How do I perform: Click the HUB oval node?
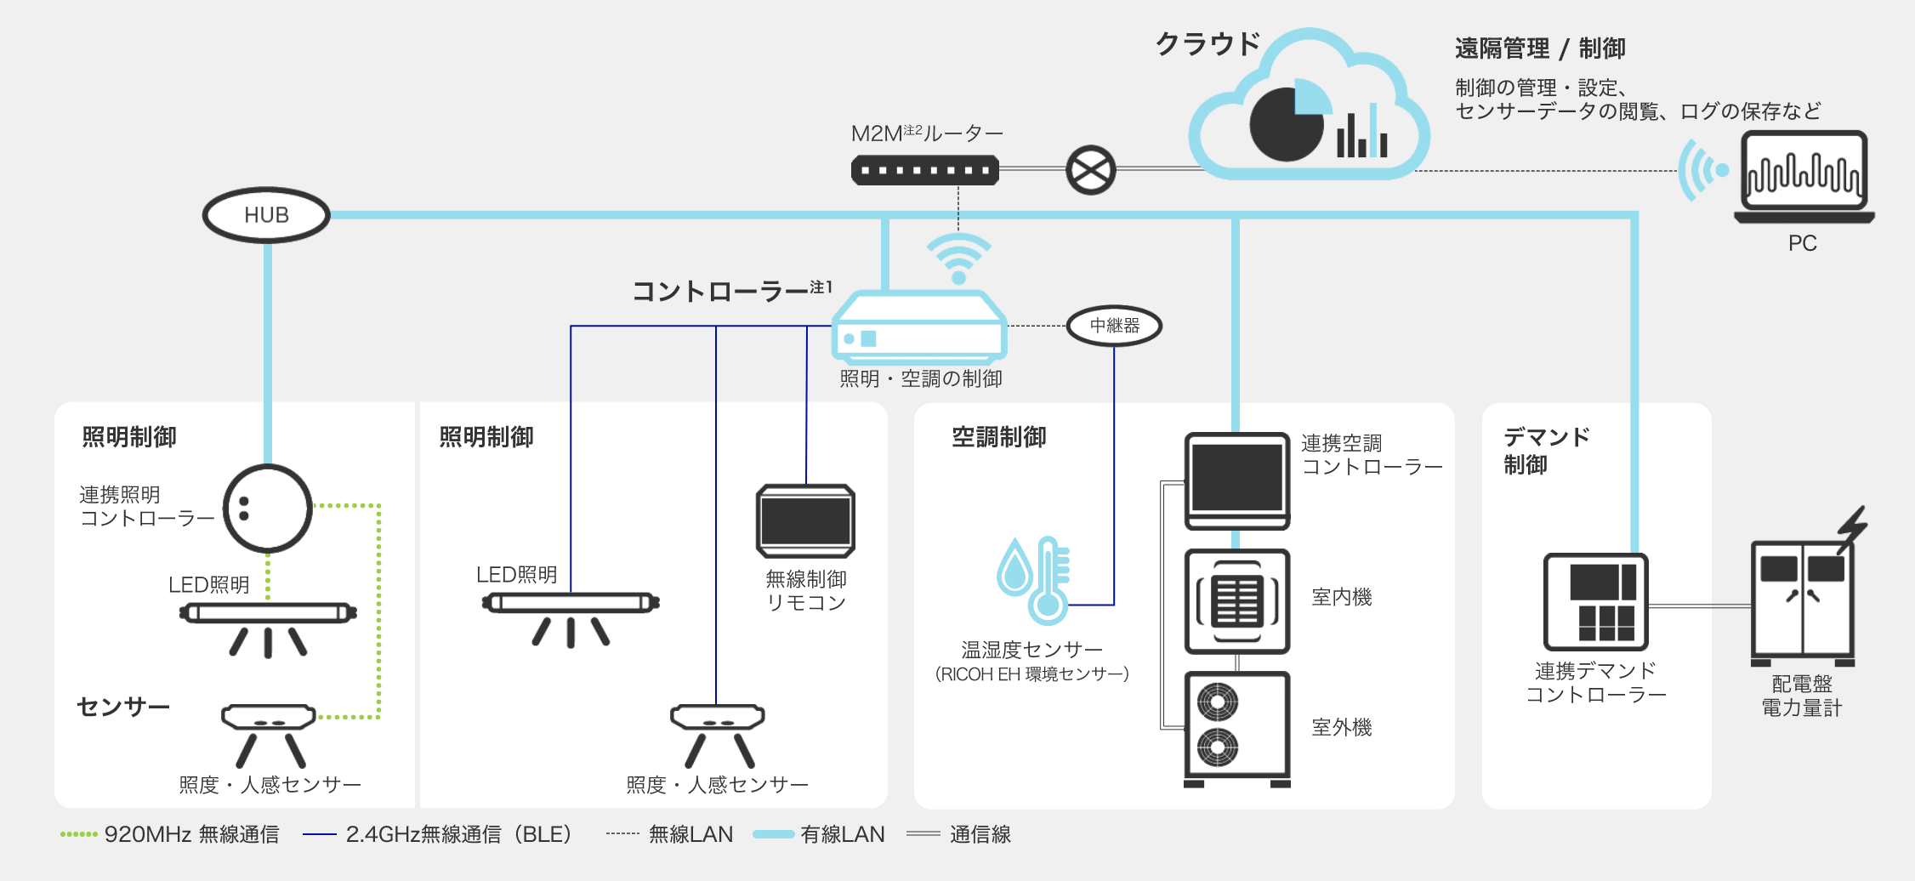click(266, 215)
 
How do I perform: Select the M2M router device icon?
click(924, 170)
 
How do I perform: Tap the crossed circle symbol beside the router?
click(1090, 170)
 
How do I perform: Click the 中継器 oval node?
click(1114, 326)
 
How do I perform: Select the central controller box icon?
click(919, 327)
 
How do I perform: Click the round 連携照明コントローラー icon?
click(268, 509)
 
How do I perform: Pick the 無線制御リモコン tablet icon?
click(805, 520)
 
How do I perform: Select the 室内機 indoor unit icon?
click(1237, 601)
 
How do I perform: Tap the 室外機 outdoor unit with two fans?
click(1237, 727)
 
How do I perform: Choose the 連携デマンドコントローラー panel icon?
click(1596, 602)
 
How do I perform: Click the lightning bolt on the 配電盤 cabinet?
click(1851, 527)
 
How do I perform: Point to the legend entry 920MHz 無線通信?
click(170, 834)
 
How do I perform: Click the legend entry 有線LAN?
click(821, 834)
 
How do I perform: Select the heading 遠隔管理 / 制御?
click(1539, 48)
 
